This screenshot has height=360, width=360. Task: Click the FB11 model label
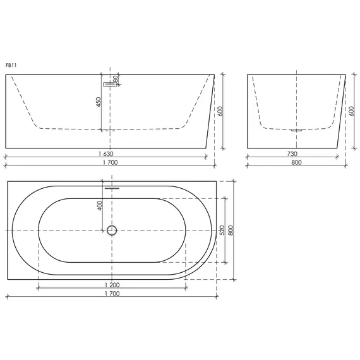click(10, 64)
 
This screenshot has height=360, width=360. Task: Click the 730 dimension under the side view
click(292, 153)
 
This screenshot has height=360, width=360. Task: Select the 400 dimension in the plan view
click(99, 207)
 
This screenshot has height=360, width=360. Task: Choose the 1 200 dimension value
click(111, 285)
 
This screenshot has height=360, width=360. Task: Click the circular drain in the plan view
click(112, 230)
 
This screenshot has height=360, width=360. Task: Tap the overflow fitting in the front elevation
click(107, 82)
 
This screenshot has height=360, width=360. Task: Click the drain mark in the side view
click(296, 130)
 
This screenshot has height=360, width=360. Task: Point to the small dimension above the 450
click(116, 80)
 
